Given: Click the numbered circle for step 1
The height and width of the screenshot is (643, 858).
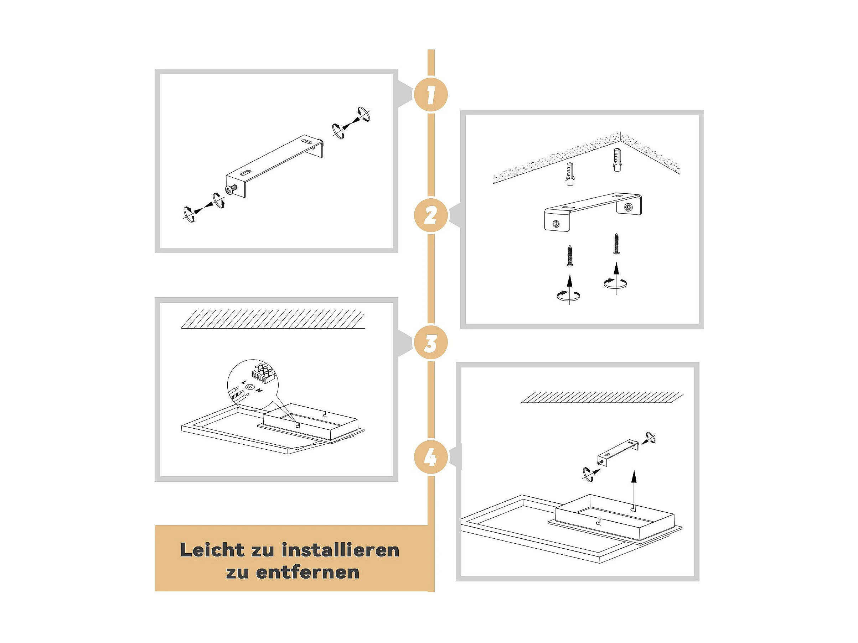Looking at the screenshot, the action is (430, 95).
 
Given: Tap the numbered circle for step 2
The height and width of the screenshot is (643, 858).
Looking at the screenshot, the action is (430, 215).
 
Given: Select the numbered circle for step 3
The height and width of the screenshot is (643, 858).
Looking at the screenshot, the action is (430, 343).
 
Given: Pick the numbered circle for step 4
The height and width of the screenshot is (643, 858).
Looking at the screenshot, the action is (430, 458).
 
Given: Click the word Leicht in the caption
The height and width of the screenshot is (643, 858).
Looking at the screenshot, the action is (213, 550).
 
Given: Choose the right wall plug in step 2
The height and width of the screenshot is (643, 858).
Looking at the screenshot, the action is (617, 159).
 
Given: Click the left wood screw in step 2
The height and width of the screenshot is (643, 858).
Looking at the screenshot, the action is (569, 255).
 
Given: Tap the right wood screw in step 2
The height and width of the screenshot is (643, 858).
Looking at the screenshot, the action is (616, 244).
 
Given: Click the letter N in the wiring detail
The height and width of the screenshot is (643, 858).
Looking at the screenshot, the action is (259, 390).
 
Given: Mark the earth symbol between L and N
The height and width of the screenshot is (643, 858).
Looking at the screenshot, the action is (250, 386).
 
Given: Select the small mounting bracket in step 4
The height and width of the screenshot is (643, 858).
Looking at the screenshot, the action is (618, 452).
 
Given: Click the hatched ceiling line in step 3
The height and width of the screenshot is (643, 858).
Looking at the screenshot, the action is (273, 320).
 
